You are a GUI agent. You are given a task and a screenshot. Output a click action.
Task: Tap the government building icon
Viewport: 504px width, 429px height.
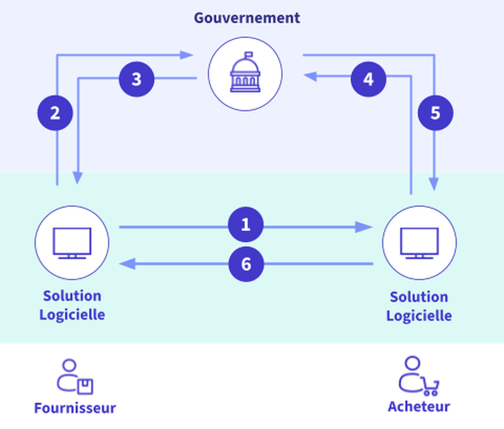[x=245, y=73]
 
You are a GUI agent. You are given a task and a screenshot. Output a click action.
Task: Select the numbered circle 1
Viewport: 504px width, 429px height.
[x=246, y=224]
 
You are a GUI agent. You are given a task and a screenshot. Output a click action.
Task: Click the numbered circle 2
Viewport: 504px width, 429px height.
[x=55, y=113]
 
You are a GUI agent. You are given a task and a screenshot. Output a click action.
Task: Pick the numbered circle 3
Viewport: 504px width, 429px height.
[x=136, y=79]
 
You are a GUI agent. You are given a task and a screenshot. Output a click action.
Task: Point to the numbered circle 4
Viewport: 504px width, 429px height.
[x=368, y=79]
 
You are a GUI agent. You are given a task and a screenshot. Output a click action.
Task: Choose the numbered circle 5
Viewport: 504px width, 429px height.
[x=435, y=113]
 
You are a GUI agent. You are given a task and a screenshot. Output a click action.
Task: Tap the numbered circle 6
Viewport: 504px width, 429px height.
[x=246, y=264]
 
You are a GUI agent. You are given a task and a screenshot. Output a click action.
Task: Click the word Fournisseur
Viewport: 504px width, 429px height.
[x=75, y=408]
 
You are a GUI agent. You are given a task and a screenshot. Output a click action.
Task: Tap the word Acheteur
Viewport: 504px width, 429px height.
[x=419, y=407]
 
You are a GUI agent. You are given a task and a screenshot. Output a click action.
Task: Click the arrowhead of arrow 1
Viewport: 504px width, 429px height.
[x=364, y=227]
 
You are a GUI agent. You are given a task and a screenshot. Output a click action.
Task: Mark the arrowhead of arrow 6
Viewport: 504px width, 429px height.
[x=128, y=264]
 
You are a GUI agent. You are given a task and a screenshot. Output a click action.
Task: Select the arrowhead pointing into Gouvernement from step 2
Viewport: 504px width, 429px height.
[x=186, y=55]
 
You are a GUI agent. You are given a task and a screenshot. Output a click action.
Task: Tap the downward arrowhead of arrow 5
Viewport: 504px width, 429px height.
[x=434, y=183]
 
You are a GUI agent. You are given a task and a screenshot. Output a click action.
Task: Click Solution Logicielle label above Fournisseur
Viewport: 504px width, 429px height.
[x=72, y=305]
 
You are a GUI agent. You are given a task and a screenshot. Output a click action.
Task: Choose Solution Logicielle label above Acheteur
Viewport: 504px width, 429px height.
[x=419, y=306]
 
